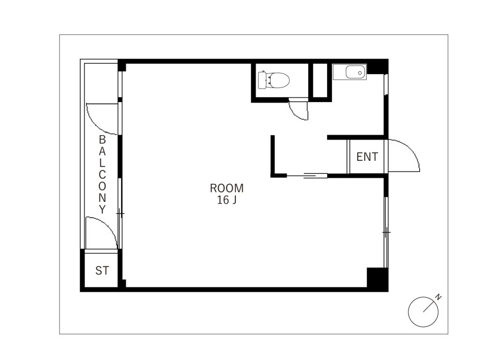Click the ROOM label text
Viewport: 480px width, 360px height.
pos(226,188)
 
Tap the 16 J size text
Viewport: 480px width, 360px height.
pos(226,200)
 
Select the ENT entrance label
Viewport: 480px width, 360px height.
pos(367,157)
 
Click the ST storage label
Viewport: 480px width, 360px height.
pos(102,270)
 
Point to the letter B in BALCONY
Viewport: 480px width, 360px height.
pos(102,140)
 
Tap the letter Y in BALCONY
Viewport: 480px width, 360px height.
pos(102,210)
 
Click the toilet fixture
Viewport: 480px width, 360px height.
pos(274,80)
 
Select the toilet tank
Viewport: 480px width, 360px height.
pos(262,80)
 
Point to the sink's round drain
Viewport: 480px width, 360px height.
pos(360,73)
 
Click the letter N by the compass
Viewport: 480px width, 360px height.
pos(439,297)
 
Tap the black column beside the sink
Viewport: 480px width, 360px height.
pos(377,67)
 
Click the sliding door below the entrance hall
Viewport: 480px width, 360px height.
pos(307,175)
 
